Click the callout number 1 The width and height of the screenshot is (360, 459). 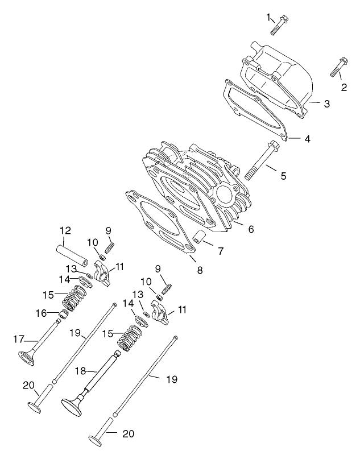[x=268, y=17]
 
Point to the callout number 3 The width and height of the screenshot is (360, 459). [x=326, y=104]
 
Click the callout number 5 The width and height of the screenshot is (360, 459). [x=283, y=176]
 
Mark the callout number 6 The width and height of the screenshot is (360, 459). [x=250, y=229]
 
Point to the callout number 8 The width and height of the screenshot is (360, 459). [x=200, y=270]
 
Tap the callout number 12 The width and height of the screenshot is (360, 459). [x=65, y=230]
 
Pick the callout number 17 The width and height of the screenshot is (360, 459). [x=18, y=340]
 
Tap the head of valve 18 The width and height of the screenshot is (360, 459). [x=73, y=404]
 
